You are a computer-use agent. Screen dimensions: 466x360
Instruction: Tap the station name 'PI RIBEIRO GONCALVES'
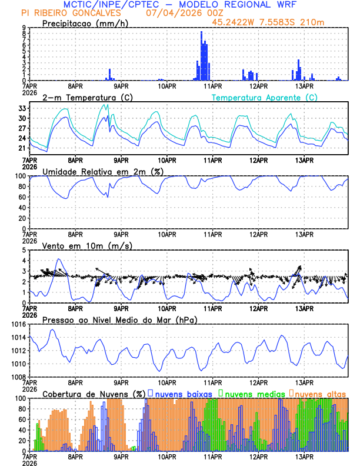pyautogui.click(x=71, y=13)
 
